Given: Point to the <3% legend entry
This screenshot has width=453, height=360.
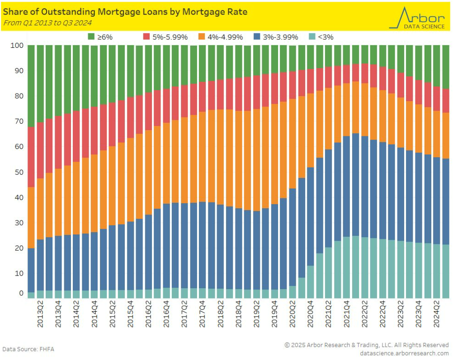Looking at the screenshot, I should pyautogui.click(x=321, y=37).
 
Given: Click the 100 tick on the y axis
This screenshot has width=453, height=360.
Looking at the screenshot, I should pyautogui.click(x=17, y=46).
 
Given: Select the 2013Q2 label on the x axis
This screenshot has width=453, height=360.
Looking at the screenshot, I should pyautogui.click(x=40, y=315).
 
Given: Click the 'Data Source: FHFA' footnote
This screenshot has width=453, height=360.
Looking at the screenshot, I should pyautogui.click(x=28, y=349).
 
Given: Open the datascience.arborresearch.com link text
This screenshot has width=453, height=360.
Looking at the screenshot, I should pyautogui.click(x=405, y=353).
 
